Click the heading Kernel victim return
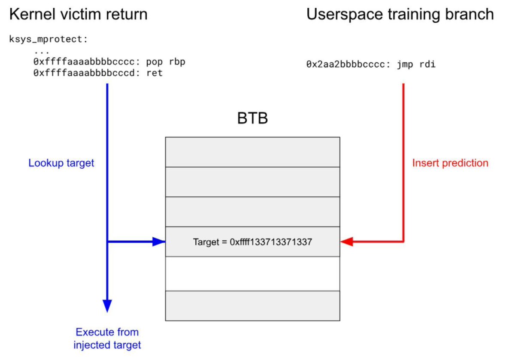[x=78, y=15]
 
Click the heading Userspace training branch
[x=400, y=15]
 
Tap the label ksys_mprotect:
[x=48, y=39]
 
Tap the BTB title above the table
[x=252, y=118]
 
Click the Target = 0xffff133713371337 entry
[x=252, y=242]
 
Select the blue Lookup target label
[x=61, y=163]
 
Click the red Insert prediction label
[x=450, y=163]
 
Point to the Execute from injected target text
[x=107, y=338]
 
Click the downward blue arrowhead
[x=107, y=306]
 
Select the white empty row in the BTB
[x=252, y=274]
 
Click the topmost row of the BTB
[x=252, y=152]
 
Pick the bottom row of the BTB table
[x=252, y=306]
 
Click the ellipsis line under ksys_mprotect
[x=42, y=51]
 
